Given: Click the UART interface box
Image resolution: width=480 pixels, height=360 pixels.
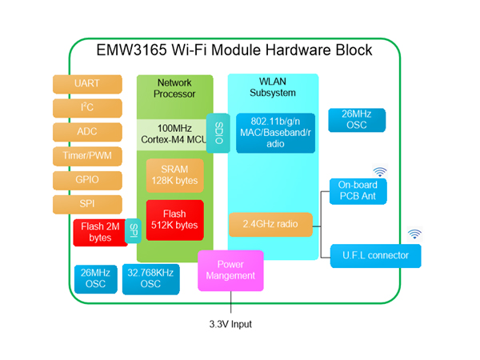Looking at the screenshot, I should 87,84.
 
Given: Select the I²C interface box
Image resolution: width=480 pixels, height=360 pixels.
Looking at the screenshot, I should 87,108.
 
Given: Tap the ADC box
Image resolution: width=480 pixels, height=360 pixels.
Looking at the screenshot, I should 87,132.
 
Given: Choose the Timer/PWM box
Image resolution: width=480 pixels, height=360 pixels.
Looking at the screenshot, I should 87,156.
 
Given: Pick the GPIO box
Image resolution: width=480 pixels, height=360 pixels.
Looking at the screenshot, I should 87,180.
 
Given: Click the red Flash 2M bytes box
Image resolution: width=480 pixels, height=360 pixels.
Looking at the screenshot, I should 101,233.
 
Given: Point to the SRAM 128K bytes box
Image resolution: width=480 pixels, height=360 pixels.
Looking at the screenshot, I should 174,175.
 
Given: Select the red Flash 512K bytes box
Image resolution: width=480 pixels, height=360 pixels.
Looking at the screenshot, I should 174,219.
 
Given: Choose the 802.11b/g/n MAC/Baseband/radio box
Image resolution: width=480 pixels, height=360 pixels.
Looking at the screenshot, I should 275,133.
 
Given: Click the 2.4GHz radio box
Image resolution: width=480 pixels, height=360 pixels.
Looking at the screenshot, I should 270,224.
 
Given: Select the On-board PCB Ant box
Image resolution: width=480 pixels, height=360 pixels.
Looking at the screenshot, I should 358,191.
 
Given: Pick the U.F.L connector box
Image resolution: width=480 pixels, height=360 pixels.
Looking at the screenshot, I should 375,256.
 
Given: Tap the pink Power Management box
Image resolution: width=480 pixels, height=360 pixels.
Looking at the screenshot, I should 230,270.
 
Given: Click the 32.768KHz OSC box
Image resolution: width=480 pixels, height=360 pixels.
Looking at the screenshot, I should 150,278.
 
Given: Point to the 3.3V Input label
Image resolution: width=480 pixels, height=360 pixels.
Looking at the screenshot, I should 230,324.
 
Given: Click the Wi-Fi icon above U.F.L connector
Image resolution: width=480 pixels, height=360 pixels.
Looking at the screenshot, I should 414,234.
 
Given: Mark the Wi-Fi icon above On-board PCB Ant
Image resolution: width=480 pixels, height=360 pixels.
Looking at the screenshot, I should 379,170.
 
